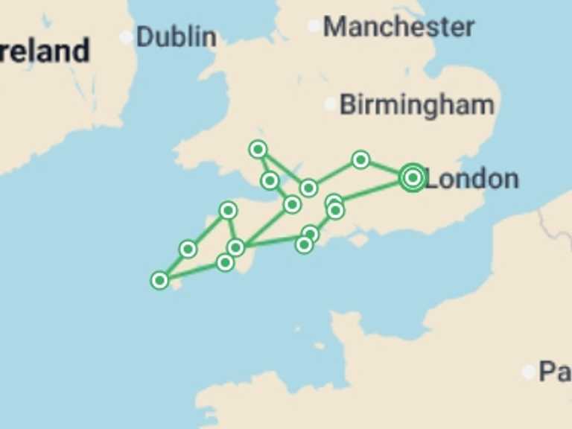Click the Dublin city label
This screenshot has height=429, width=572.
[177, 36]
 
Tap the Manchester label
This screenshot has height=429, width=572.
[398, 27]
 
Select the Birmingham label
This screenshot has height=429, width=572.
[416, 105]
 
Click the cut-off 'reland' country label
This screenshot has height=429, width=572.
[45, 51]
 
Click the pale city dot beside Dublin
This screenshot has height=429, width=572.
[126, 36]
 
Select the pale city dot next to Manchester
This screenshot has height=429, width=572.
[314, 26]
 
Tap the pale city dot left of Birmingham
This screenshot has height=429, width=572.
[331, 104]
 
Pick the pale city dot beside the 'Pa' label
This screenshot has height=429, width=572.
[529, 371]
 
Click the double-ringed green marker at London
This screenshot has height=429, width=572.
[413, 177]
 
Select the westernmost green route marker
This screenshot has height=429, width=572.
[159, 280]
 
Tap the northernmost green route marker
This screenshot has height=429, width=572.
[258, 150]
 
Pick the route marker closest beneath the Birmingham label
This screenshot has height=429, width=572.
[360, 159]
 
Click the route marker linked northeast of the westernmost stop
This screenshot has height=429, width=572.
[188, 249]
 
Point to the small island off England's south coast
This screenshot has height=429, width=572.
[360, 241]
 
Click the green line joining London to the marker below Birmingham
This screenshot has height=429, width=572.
[386, 168]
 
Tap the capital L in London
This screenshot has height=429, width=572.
[431, 179]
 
